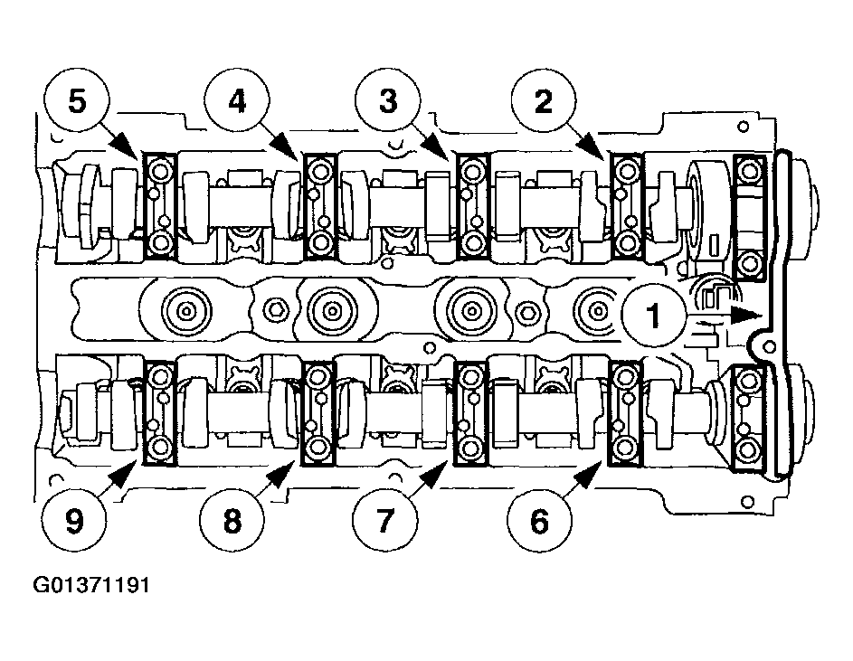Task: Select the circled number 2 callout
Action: pyautogui.click(x=543, y=101)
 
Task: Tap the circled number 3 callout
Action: pyautogui.click(x=388, y=101)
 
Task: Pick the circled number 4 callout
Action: pyautogui.click(x=237, y=101)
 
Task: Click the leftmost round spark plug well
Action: pyautogui.click(x=185, y=312)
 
